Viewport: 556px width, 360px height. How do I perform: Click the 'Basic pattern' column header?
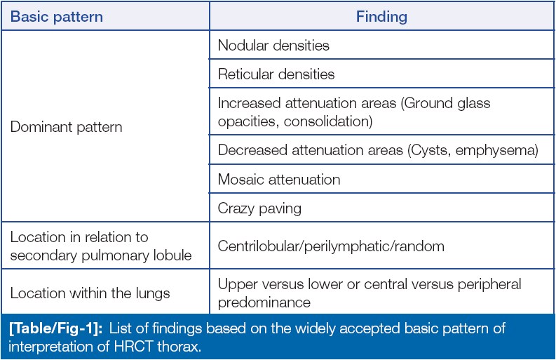point(57,17)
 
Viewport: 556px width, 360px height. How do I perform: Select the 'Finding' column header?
point(381,17)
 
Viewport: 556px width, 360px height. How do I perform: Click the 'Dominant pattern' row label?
point(67,127)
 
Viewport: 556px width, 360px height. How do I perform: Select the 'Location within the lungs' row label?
point(90,293)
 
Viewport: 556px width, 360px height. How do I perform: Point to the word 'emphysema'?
point(495,151)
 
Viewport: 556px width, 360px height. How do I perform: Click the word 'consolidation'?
point(326,121)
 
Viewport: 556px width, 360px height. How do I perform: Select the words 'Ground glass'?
point(447,103)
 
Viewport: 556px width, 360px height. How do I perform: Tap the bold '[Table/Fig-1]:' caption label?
point(55,328)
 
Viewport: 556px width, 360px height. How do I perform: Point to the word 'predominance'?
point(264,302)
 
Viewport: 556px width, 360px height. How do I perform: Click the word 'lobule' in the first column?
point(172,255)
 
